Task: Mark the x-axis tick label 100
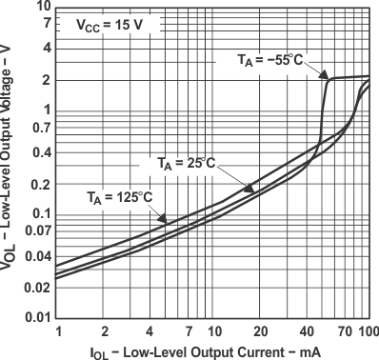(x=369, y=330)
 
